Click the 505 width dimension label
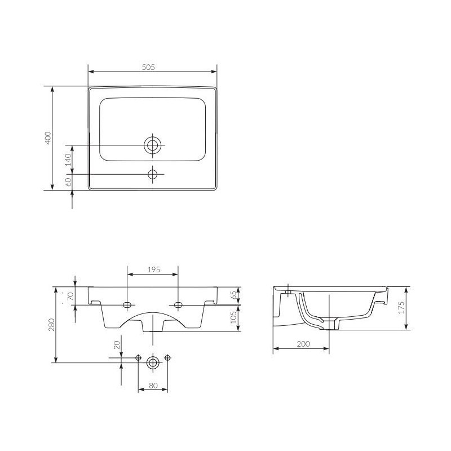[148, 67]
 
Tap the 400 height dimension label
[48, 138]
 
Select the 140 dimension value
[68, 160]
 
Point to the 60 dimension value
[68, 182]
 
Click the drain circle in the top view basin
[153, 145]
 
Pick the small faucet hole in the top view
[153, 174]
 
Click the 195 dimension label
[153, 270]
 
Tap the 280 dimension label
[51, 325]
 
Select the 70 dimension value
[70, 295]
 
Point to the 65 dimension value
[233, 295]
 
